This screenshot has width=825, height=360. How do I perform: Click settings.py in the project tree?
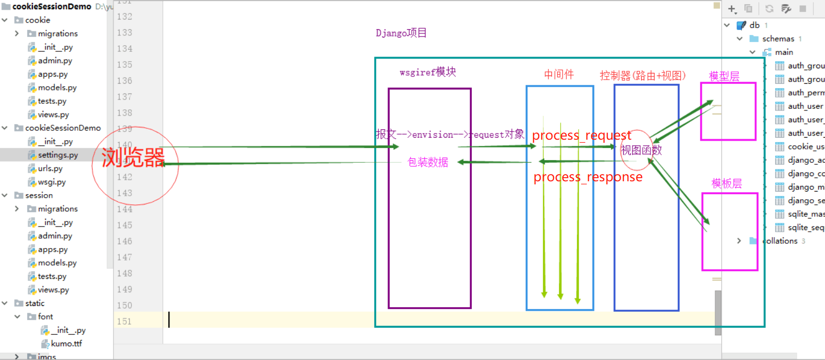point(57,155)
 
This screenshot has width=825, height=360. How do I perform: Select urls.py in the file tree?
point(50,168)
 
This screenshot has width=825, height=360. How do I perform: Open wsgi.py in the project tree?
point(51,182)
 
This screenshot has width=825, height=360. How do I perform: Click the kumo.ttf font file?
point(66,344)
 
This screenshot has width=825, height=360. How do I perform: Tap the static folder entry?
point(35,303)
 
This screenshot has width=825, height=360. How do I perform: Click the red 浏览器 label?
point(133,158)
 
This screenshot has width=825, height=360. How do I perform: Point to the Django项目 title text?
point(401,33)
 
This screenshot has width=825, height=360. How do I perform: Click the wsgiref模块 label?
point(428,72)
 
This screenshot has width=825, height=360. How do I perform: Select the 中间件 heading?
point(559,74)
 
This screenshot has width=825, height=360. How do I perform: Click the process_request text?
point(581,136)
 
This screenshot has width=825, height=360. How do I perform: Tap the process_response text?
point(587,177)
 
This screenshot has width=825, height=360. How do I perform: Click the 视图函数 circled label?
point(641,150)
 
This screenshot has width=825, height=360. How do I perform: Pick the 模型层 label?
point(724,77)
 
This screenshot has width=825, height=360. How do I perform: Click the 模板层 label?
point(726,184)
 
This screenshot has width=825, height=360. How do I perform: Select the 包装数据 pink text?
point(428,162)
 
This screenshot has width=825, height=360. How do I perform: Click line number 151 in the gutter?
point(124,321)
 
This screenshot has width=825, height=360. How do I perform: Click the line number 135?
point(124,65)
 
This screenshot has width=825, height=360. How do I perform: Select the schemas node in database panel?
point(778,39)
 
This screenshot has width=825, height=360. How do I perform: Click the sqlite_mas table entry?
point(805,214)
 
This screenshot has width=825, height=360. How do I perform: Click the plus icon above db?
point(732,9)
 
